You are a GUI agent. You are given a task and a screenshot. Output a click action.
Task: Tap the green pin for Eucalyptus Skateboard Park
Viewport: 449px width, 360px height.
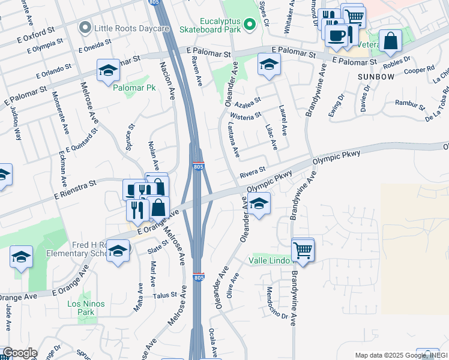tap(248, 24)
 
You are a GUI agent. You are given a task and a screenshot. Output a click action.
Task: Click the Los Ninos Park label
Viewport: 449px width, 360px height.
tap(86, 308)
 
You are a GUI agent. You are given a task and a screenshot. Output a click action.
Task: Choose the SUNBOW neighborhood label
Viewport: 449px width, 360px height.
tap(376, 77)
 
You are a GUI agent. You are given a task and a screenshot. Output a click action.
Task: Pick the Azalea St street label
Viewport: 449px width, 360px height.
tap(247, 100)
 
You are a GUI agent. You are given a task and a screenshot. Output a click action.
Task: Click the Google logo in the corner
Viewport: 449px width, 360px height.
tap(19, 353)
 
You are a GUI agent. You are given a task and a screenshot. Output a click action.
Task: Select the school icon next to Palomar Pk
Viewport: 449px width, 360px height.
tap(108, 71)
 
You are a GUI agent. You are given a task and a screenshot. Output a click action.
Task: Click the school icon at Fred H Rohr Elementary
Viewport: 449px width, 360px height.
tap(118, 251)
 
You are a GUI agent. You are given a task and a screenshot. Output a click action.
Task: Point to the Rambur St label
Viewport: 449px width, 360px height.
tap(408, 103)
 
